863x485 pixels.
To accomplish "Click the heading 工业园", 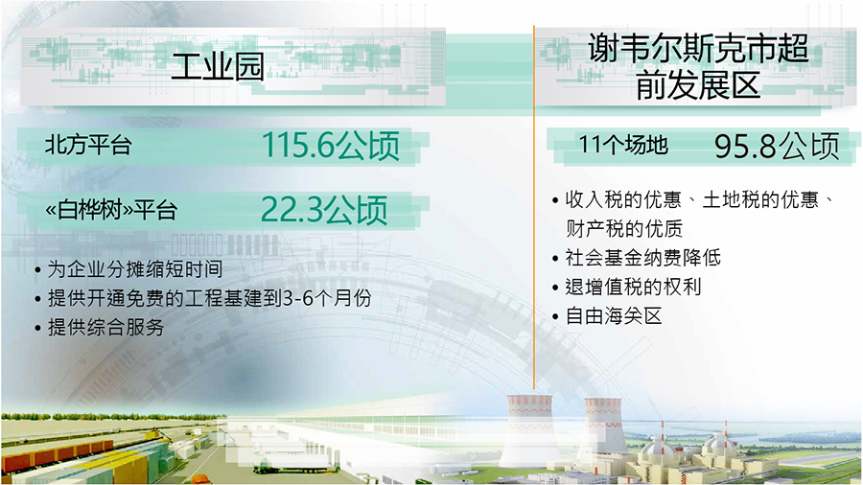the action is (x=218, y=67).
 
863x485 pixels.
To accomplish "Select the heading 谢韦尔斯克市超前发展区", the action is (x=698, y=66).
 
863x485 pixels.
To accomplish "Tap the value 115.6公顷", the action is (x=330, y=146).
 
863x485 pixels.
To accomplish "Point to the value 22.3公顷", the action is (x=324, y=210).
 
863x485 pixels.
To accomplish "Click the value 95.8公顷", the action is (x=777, y=146).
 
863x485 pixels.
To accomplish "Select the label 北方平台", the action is (x=88, y=145).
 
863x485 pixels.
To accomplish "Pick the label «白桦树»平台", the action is (x=111, y=210).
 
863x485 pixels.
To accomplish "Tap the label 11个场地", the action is (x=623, y=145).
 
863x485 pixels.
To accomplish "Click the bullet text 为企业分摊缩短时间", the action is (x=135, y=269).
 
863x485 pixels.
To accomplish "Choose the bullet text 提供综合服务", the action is (x=105, y=327).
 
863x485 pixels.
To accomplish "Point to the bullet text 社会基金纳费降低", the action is (x=642, y=257).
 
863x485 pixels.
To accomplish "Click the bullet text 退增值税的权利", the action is (x=633, y=287).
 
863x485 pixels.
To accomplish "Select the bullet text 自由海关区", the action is (x=614, y=316).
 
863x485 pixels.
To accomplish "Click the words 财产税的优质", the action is (x=624, y=228).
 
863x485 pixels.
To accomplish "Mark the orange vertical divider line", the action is (x=533, y=207).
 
